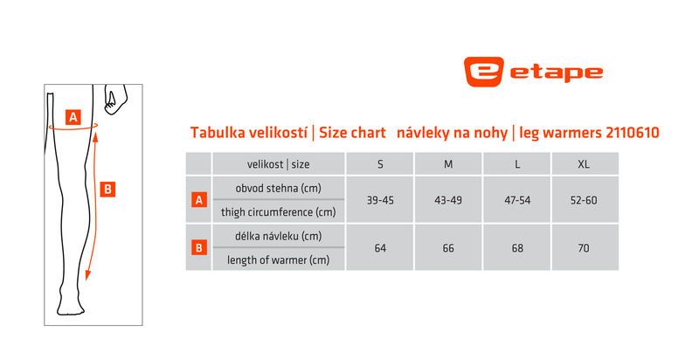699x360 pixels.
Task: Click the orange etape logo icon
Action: pyautogui.click(x=484, y=72)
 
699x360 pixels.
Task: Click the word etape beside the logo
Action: pyautogui.click(x=557, y=73)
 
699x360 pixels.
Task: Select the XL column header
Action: pyautogui.click(x=584, y=164)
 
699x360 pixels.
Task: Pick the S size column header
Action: pyautogui.click(x=380, y=164)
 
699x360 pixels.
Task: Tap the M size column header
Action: pyautogui.click(x=448, y=164)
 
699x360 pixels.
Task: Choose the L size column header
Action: pyautogui.click(x=517, y=164)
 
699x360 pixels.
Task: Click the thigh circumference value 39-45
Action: pyautogui.click(x=380, y=200)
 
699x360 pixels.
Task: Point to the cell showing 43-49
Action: pyautogui.click(x=448, y=200)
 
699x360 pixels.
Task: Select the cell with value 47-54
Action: pyautogui.click(x=517, y=200)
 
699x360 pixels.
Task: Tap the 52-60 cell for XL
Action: pyautogui.click(x=584, y=200)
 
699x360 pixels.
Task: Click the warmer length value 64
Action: pyautogui.click(x=380, y=248)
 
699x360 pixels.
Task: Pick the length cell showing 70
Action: pyautogui.click(x=584, y=248)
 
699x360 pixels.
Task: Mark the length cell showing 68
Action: pyautogui.click(x=517, y=248)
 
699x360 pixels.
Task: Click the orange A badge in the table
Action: pyautogui.click(x=199, y=200)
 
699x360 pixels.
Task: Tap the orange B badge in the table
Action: pyautogui.click(x=199, y=248)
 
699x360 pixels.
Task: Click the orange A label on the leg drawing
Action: pyautogui.click(x=73, y=117)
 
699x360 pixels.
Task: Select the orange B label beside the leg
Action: pyautogui.click(x=107, y=190)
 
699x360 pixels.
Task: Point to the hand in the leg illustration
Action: pyautogui.click(x=115, y=99)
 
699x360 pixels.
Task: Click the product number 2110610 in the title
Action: pyautogui.click(x=632, y=132)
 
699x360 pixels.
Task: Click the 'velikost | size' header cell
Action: pyautogui.click(x=278, y=164)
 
